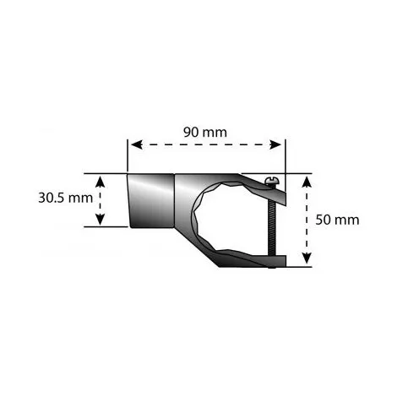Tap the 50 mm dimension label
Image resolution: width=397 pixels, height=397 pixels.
(338, 220)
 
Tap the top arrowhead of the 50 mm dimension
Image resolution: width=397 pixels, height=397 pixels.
(306, 178)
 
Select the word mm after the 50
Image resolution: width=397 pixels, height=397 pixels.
(348, 220)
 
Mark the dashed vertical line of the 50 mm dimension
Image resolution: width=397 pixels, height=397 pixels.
(306, 220)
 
